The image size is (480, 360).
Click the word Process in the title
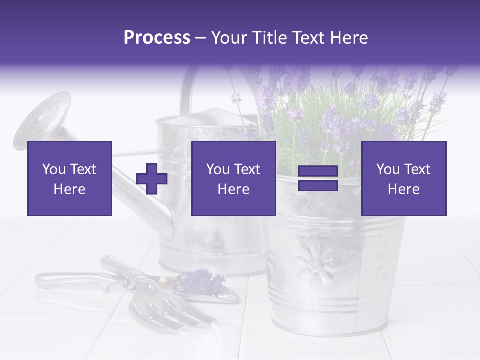coord(157,38)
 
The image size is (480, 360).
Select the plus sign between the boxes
coord(152,178)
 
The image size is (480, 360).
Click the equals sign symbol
coord(318,178)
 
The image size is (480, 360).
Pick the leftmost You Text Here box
coord(70,178)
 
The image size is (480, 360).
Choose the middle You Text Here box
coord(233,178)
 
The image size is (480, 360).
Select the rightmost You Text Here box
coord(403,178)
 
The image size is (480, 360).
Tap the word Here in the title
coord(348,38)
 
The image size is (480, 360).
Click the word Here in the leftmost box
coord(70,189)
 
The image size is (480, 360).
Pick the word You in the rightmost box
coord(387,169)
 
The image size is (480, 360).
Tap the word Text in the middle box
coord(247,169)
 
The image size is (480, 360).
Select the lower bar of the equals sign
coord(318,185)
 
